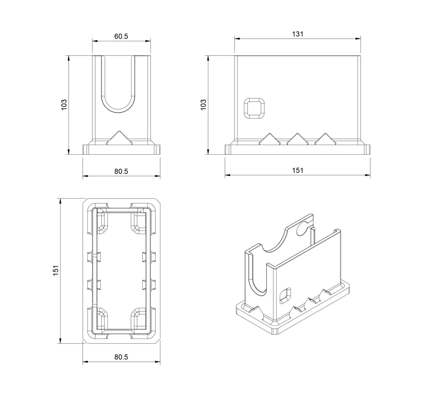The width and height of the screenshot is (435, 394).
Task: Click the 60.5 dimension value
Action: click(121, 36)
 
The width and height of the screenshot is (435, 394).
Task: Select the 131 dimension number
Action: click(298, 34)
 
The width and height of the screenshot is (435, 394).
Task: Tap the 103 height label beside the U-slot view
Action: click(64, 105)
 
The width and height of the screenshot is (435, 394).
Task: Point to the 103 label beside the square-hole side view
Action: click(203, 105)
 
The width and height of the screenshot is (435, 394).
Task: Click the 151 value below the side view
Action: click(298, 170)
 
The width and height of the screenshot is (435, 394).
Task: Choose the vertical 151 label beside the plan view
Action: click(56, 271)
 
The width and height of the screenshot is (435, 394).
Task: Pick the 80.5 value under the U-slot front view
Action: click(121, 172)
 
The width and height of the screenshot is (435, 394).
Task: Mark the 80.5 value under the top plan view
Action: click(121, 357)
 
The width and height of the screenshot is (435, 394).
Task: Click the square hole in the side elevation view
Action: click(254, 108)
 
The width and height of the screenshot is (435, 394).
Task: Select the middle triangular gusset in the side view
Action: click(298, 139)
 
